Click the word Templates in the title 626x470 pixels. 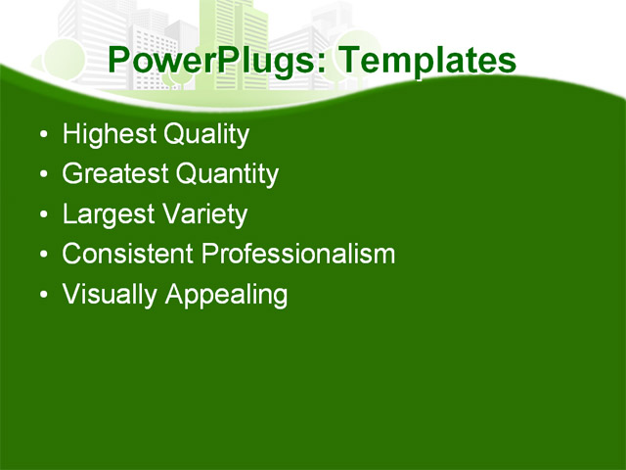425,61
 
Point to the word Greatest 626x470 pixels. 113,174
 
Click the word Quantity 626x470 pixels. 227,174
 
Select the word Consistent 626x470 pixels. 127,255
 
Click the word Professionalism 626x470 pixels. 298,255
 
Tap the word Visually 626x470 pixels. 110,295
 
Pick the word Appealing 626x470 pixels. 226,295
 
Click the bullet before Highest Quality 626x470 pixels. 41,135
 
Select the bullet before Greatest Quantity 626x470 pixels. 41,175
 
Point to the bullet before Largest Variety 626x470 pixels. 41,215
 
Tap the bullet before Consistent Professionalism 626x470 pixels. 41,256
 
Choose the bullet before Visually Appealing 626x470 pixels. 41,296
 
